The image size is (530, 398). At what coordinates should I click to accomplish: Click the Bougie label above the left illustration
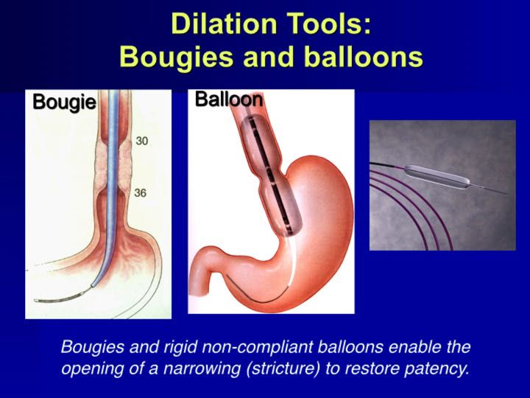coord(64,102)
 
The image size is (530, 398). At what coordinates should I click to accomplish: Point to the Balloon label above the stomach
coord(228,99)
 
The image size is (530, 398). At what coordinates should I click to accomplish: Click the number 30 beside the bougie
coord(142,140)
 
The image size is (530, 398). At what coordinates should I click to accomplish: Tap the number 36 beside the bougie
coord(142,193)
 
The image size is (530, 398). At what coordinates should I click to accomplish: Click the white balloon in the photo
coord(442,172)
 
